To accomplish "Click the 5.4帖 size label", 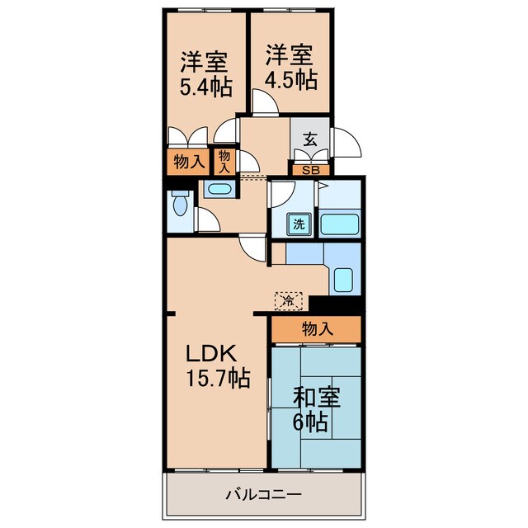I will coord(205,85).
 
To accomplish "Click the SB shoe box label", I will coord(310,170).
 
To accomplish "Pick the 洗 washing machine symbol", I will coord(297,222).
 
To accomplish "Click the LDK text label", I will coord(211,354).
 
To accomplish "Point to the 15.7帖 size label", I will coord(217,379).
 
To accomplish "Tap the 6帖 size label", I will coord(312,422).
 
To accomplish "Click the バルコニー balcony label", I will coord(264,495).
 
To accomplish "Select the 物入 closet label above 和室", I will coord(317,328).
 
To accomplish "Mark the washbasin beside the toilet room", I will coord(219,189).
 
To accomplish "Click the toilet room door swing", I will coord(207,219).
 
